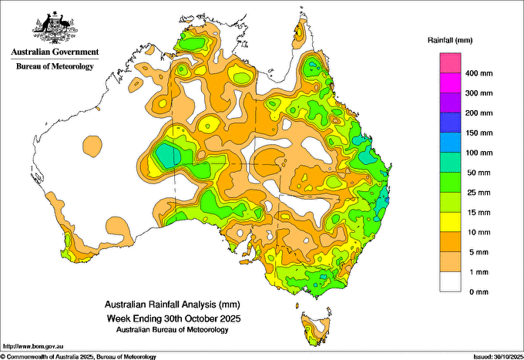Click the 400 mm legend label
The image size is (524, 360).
click(x=479, y=73)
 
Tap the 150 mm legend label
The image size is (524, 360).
click(x=479, y=133)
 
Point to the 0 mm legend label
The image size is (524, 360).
click(x=479, y=292)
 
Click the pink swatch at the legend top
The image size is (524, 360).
click(x=450, y=63)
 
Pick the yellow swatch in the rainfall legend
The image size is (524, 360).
click(x=450, y=222)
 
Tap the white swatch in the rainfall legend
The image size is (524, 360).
click(x=450, y=282)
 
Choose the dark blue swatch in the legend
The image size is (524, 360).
click(x=450, y=123)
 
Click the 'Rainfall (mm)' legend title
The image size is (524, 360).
click(x=450, y=40)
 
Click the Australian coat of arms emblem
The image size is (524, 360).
click(x=55, y=27)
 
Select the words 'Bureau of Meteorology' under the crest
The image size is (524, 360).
click(x=55, y=66)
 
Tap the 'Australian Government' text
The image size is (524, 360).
click(x=55, y=52)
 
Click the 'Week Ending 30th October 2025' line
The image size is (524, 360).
click(x=173, y=318)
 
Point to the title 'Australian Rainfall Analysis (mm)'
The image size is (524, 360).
click(x=173, y=304)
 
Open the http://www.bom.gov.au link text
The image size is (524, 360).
click(x=33, y=346)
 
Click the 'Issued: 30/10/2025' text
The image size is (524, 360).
click(x=498, y=357)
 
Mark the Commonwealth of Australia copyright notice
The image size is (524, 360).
click(x=78, y=357)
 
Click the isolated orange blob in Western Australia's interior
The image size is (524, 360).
click(x=92, y=146)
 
